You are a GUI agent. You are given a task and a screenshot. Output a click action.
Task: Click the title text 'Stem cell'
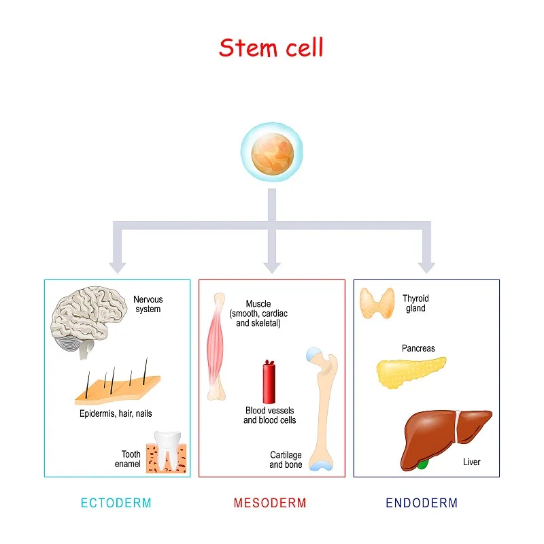tap(271, 48)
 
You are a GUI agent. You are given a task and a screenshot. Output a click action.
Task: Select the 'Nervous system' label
tap(148, 304)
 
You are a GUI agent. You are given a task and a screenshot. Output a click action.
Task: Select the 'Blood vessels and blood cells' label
tap(270, 415)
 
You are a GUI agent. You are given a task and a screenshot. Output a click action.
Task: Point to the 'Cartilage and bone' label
tap(286, 460)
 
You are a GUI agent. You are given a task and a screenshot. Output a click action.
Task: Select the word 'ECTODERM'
tap(116, 503)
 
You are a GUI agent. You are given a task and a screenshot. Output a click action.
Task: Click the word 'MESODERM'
tap(270, 503)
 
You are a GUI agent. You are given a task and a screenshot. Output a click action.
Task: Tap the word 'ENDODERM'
tap(422, 503)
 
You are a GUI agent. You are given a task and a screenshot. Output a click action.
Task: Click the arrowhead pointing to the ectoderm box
tap(118, 266)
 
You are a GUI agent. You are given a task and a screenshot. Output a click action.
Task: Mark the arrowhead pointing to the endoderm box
tap(426, 266)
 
